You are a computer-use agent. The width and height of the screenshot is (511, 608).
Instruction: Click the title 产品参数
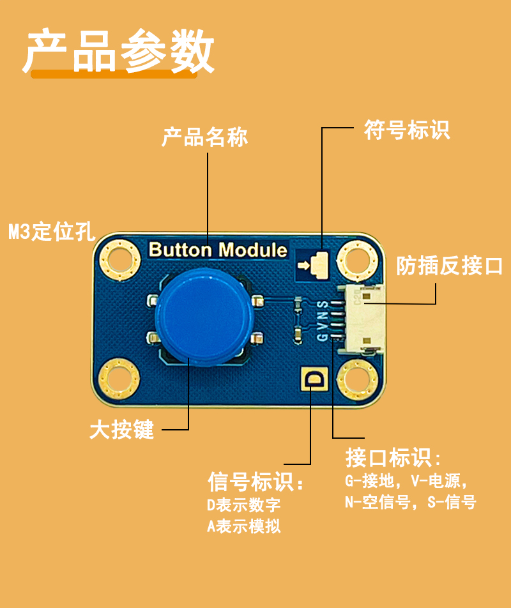[x=119, y=51]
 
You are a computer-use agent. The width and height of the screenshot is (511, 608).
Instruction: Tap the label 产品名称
[x=204, y=137]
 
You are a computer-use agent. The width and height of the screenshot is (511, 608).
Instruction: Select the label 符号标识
[x=407, y=130]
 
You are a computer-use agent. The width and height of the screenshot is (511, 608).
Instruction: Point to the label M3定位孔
[x=52, y=231]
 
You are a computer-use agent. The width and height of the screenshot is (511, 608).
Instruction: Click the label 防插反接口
[x=449, y=266]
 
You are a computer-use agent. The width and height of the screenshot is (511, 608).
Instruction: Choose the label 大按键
[x=122, y=429]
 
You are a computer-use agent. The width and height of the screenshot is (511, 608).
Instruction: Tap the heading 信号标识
[x=256, y=482]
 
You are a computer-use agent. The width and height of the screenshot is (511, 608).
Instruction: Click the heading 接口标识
[x=393, y=457]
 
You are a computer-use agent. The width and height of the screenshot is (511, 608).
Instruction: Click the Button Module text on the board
[x=218, y=250]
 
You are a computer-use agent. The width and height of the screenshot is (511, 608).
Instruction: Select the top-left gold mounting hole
[x=120, y=259]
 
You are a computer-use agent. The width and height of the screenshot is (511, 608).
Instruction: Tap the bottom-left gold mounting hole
[x=119, y=379]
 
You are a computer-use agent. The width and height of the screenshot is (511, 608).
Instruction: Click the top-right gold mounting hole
[x=358, y=260]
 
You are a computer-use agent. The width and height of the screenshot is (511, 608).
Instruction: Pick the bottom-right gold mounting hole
[x=357, y=379]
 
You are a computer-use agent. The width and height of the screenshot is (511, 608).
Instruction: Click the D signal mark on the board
[x=315, y=379]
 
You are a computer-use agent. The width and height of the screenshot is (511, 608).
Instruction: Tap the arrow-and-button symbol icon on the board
[x=313, y=265]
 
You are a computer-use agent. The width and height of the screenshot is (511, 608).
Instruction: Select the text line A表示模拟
[x=243, y=526]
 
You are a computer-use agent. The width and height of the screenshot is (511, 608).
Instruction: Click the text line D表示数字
[x=243, y=505]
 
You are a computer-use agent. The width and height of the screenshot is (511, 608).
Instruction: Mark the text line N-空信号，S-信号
[x=410, y=502]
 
